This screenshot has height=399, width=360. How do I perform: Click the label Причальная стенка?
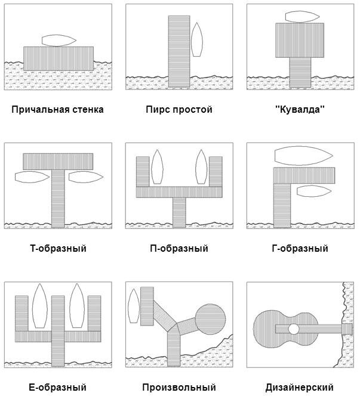pos(57,110)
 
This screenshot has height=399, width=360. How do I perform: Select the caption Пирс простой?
pos(179,110)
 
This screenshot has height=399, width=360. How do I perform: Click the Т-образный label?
pos(58,248)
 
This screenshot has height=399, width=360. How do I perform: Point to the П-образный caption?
pos(179,248)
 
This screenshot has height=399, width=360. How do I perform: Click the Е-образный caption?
pos(57,388)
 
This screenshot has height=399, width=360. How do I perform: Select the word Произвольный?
pos(179,388)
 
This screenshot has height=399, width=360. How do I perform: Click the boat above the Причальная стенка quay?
pos(59,40)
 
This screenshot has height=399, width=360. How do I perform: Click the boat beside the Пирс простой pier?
pos(197,40)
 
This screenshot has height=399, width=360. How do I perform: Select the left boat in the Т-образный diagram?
pos(32,177)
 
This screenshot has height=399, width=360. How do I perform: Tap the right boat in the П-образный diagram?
pos(201,167)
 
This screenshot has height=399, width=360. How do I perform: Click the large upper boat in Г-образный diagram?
pos(303,156)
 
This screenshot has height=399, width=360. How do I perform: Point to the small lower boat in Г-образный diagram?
pos(314,191)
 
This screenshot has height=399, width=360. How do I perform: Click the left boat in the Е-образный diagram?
pos(39,305)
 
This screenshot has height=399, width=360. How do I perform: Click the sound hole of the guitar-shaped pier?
pos(293,329)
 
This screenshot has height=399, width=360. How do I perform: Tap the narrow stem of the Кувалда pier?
pos(300,72)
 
